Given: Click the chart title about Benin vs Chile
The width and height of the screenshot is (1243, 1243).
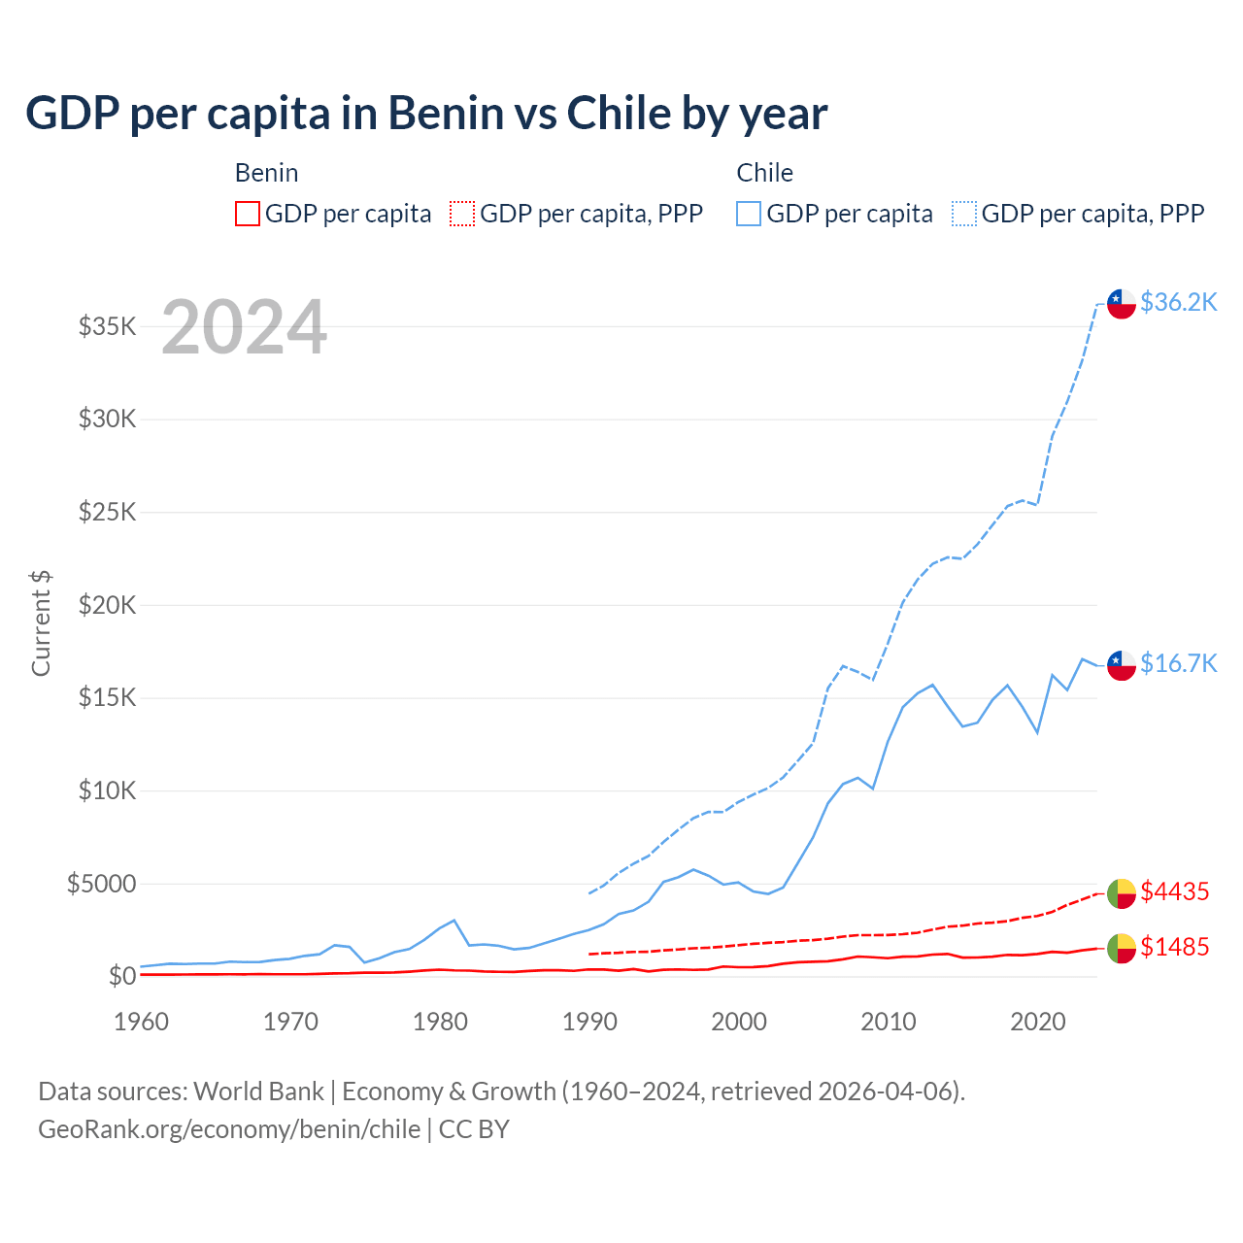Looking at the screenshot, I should pyautogui.click(x=426, y=114).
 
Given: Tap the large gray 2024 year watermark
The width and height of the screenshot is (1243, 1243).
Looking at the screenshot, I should pyautogui.click(x=244, y=327).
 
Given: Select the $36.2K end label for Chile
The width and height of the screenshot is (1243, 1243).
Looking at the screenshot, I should pyautogui.click(x=1178, y=302).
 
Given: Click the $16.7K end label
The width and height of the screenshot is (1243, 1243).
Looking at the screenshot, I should pyautogui.click(x=1178, y=663).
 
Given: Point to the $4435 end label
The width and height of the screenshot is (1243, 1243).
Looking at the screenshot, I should pyautogui.click(x=1174, y=891).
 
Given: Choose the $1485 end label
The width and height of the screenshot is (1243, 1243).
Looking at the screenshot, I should pyautogui.click(x=1174, y=947).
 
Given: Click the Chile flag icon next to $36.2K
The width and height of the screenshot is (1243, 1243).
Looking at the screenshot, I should pyautogui.click(x=1122, y=304).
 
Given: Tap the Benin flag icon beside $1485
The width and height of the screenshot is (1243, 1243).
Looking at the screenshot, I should pyautogui.click(x=1122, y=949).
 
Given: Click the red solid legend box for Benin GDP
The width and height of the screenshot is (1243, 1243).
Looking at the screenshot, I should pyautogui.click(x=248, y=214).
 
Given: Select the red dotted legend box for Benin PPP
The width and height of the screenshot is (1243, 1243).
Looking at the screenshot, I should pyautogui.click(x=462, y=214).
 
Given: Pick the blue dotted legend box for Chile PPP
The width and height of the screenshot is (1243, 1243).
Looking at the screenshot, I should pyautogui.click(x=964, y=214).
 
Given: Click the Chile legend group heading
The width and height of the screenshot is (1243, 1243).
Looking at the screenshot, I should pyautogui.click(x=764, y=173).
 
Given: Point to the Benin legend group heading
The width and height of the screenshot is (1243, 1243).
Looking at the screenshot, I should pyautogui.click(x=266, y=173).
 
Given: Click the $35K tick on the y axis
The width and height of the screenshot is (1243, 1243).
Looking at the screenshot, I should pyautogui.click(x=107, y=326).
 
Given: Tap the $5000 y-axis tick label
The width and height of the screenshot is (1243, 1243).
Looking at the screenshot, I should pyautogui.click(x=101, y=884).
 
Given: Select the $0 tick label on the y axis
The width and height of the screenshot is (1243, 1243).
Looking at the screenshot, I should pyautogui.click(x=121, y=976).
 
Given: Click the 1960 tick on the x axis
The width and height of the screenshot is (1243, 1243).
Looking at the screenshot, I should pyautogui.click(x=142, y=1022).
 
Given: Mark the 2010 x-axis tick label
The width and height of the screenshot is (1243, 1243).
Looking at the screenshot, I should pyautogui.click(x=889, y=1022).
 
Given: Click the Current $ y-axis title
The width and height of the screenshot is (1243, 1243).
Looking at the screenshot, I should pyautogui.click(x=41, y=623).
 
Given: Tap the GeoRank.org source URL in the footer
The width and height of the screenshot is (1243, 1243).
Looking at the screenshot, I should pyautogui.click(x=229, y=1129).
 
